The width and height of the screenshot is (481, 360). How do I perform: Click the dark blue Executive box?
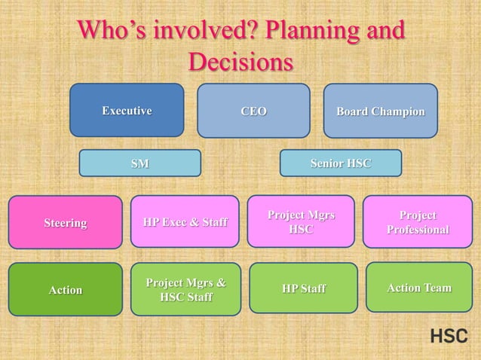(x=127, y=110)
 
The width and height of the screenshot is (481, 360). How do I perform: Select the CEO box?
(x=253, y=110)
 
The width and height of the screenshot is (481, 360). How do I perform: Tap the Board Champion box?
(x=380, y=110)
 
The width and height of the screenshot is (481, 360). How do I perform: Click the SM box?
(x=139, y=163)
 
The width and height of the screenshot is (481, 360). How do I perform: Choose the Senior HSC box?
(x=340, y=163)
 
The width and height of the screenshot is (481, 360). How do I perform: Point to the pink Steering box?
(x=65, y=222)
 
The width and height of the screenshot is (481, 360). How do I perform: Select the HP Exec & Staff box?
(x=185, y=221)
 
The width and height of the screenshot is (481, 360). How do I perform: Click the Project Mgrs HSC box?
(x=301, y=221)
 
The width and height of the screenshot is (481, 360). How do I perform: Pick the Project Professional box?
(x=418, y=221)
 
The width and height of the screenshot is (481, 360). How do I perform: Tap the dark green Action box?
(x=65, y=289)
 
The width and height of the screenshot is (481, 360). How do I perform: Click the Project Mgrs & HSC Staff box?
(x=185, y=289)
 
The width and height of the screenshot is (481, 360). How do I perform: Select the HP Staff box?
(x=303, y=288)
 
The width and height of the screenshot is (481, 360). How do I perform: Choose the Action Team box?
(x=418, y=287)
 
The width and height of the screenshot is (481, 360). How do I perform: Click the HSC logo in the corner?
(x=449, y=336)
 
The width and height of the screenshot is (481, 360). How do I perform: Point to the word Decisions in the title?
(x=240, y=62)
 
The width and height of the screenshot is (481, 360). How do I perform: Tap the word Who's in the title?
(x=114, y=32)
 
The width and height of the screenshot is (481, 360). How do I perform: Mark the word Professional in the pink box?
(x=418, y=229)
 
